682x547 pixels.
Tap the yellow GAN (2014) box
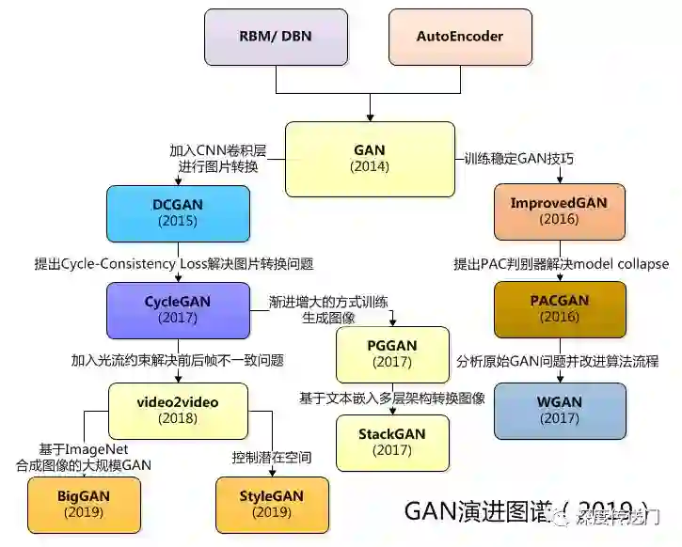coord(370,158)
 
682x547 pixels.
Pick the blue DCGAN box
coord(178,212)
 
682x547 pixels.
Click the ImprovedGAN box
coord(560,211)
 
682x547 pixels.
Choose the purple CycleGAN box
coord(178,310)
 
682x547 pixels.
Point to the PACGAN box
coord(560,308)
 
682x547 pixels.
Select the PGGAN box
coord(392,353)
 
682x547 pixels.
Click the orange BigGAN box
coord(84,505)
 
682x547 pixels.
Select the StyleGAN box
coord(272,505)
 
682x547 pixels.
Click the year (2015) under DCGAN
coord(178,222)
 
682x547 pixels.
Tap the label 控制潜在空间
coord(272,458)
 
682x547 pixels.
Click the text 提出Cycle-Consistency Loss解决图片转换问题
coord(173,264)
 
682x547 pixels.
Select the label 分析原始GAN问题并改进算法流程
coord(558,361)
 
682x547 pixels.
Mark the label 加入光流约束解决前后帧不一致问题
coord(178,360)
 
